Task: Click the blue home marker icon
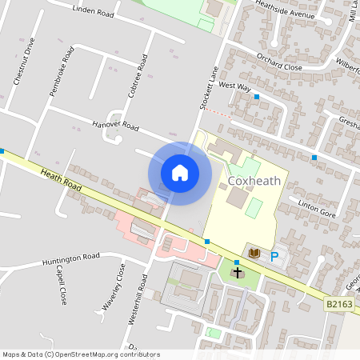point(180,173)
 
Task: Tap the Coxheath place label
point(254,181)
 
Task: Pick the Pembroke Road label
point(62,72)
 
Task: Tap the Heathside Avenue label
point(286,12)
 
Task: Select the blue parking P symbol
point(274,257)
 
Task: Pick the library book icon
point(254,253)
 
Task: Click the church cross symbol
point(238,274)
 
